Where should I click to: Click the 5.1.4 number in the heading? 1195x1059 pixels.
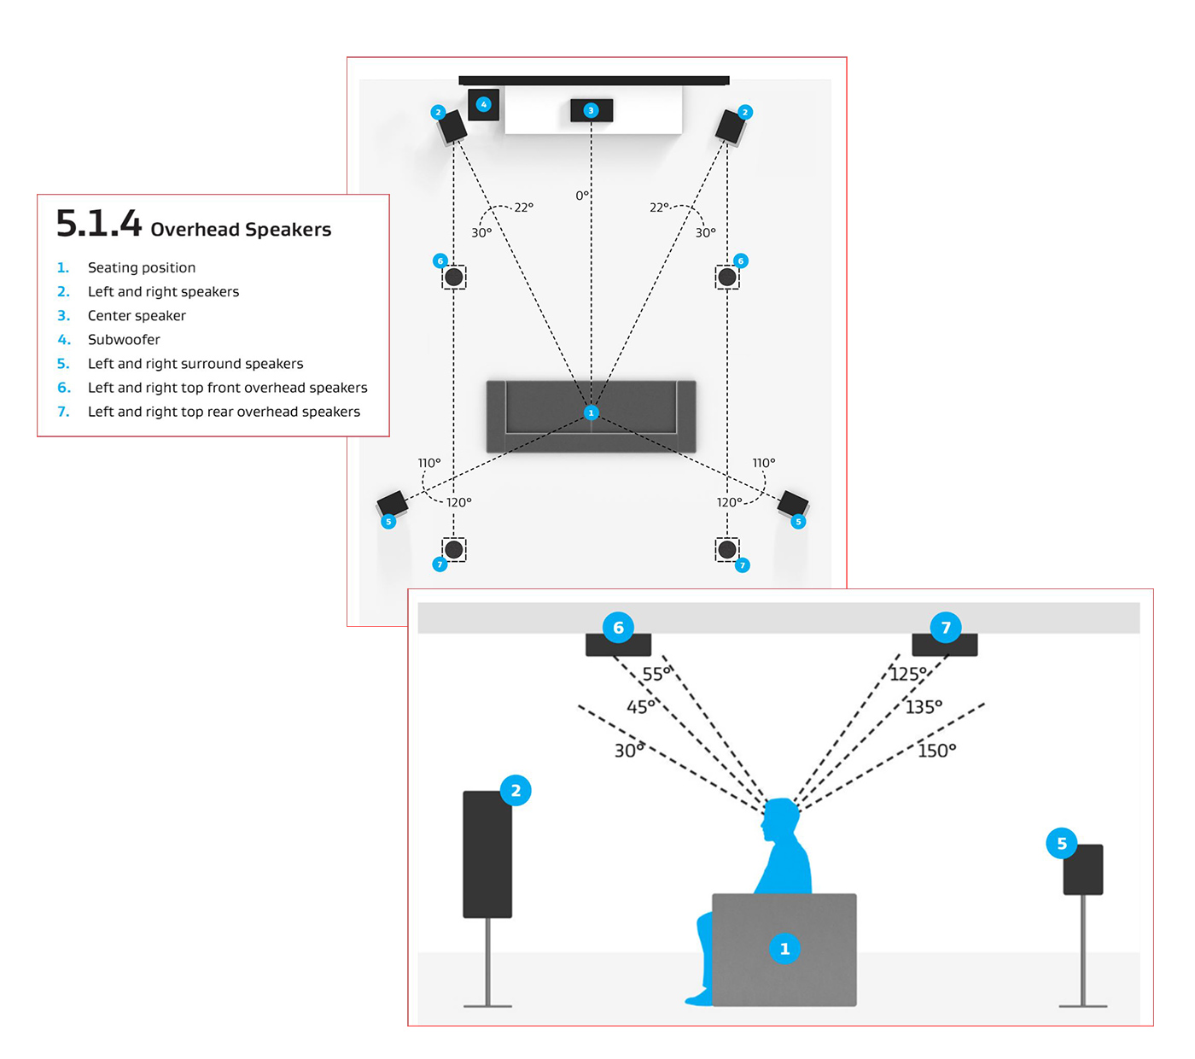[x=98, y=223]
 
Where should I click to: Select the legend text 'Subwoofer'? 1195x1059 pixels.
[x=124, y=339]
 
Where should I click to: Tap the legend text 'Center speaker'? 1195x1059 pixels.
[x=137, y=316]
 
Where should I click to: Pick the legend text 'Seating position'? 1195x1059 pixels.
[x=142, y=267]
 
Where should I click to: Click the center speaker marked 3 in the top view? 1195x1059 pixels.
[x=591, y=110]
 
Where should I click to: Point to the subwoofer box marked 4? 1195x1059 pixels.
[x=484, y=105]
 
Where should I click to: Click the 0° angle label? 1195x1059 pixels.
[x=581, y=196]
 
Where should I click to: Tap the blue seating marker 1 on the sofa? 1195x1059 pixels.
[x=591, y=412]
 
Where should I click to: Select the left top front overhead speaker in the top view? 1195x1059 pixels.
[x=453, y=277]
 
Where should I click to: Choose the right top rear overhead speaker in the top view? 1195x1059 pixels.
[x=726, y=550]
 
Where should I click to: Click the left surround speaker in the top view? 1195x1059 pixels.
[x=393, y=505]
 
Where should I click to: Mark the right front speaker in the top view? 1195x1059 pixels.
[x=730, y=127]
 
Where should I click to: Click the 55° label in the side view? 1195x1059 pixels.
[x=656, y=674]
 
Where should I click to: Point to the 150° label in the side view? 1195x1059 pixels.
[x=936, y=751]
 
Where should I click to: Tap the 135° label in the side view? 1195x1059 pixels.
[x=924, y=706]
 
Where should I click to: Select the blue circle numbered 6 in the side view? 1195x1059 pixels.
[x=618, y=628]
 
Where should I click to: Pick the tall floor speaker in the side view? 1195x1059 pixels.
[x=487, y=854]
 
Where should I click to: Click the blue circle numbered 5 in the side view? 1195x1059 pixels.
[x=1062, y=844]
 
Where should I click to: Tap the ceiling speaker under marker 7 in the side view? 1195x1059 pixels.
[x=945, y=645]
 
